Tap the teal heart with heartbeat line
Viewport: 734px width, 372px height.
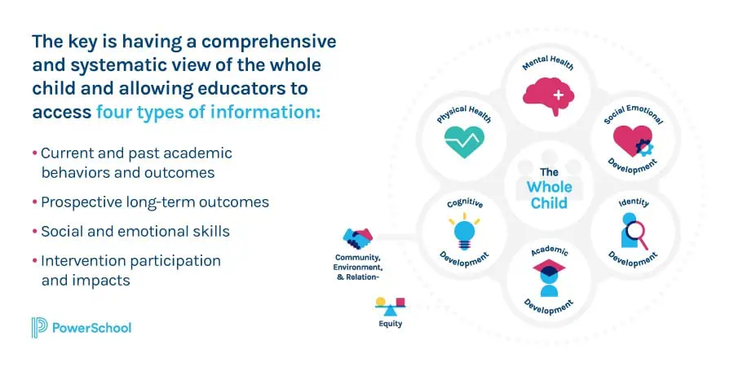tap(464, 144)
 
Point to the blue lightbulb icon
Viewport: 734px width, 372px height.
tap(464, 232)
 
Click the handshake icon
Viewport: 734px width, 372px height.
tap(358, 239)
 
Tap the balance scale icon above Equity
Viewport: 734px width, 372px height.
tap(390, 307)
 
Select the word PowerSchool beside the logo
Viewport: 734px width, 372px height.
tap(93, 328)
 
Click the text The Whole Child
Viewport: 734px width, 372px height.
tap(549, 187)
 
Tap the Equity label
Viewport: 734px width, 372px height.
tap(390, 324)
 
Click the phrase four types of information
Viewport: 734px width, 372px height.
tap(208, 113)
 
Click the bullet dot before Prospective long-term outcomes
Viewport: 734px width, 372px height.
tap(34, 201)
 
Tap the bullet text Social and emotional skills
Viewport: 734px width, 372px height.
tap(135, 231)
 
